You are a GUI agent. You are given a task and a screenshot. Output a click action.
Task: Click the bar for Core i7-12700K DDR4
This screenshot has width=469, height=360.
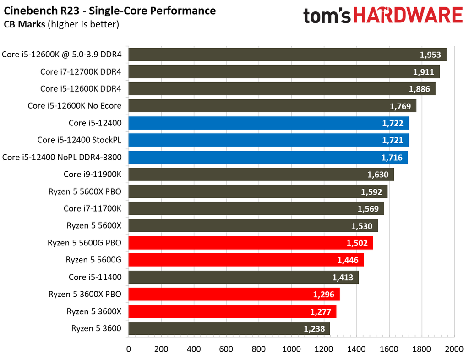click(284, 72)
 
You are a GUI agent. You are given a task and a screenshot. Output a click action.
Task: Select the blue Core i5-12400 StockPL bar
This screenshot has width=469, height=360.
click(268, 140)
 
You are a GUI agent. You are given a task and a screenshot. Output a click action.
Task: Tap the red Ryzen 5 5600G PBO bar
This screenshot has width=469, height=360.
click(251, 243)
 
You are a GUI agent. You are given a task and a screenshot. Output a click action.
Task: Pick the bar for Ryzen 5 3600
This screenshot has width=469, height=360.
click(229, 328)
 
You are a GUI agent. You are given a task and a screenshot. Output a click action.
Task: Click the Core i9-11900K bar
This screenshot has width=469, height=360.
click(261, 175)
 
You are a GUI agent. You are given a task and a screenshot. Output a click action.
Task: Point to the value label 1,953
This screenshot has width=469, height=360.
click(430, 55)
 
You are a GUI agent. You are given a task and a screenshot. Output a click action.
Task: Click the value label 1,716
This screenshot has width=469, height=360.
click(392, 158)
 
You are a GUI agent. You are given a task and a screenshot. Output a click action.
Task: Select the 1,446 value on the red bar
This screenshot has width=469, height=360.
click(348, 260)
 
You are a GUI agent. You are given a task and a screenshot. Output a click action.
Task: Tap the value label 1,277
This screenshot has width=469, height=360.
click(320, 311)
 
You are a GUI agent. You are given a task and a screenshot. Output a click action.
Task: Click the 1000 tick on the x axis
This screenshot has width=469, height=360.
click(291, 349)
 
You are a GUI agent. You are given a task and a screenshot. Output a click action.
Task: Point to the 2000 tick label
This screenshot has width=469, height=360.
click(454, 349)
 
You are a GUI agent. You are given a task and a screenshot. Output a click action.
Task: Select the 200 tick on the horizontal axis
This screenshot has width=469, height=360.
click(161, 349)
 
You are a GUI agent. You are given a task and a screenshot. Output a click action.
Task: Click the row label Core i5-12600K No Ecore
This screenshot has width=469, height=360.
click(74, 106)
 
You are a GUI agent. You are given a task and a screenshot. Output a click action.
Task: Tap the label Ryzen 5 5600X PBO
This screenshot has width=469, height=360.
click(84, 191)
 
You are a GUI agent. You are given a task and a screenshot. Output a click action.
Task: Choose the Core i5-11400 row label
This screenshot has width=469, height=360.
click(95, 277)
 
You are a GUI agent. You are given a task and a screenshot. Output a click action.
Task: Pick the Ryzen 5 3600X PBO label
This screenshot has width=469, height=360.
click(84, 294)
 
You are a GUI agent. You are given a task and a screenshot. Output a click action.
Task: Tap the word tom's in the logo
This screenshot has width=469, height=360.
click(327, 17)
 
